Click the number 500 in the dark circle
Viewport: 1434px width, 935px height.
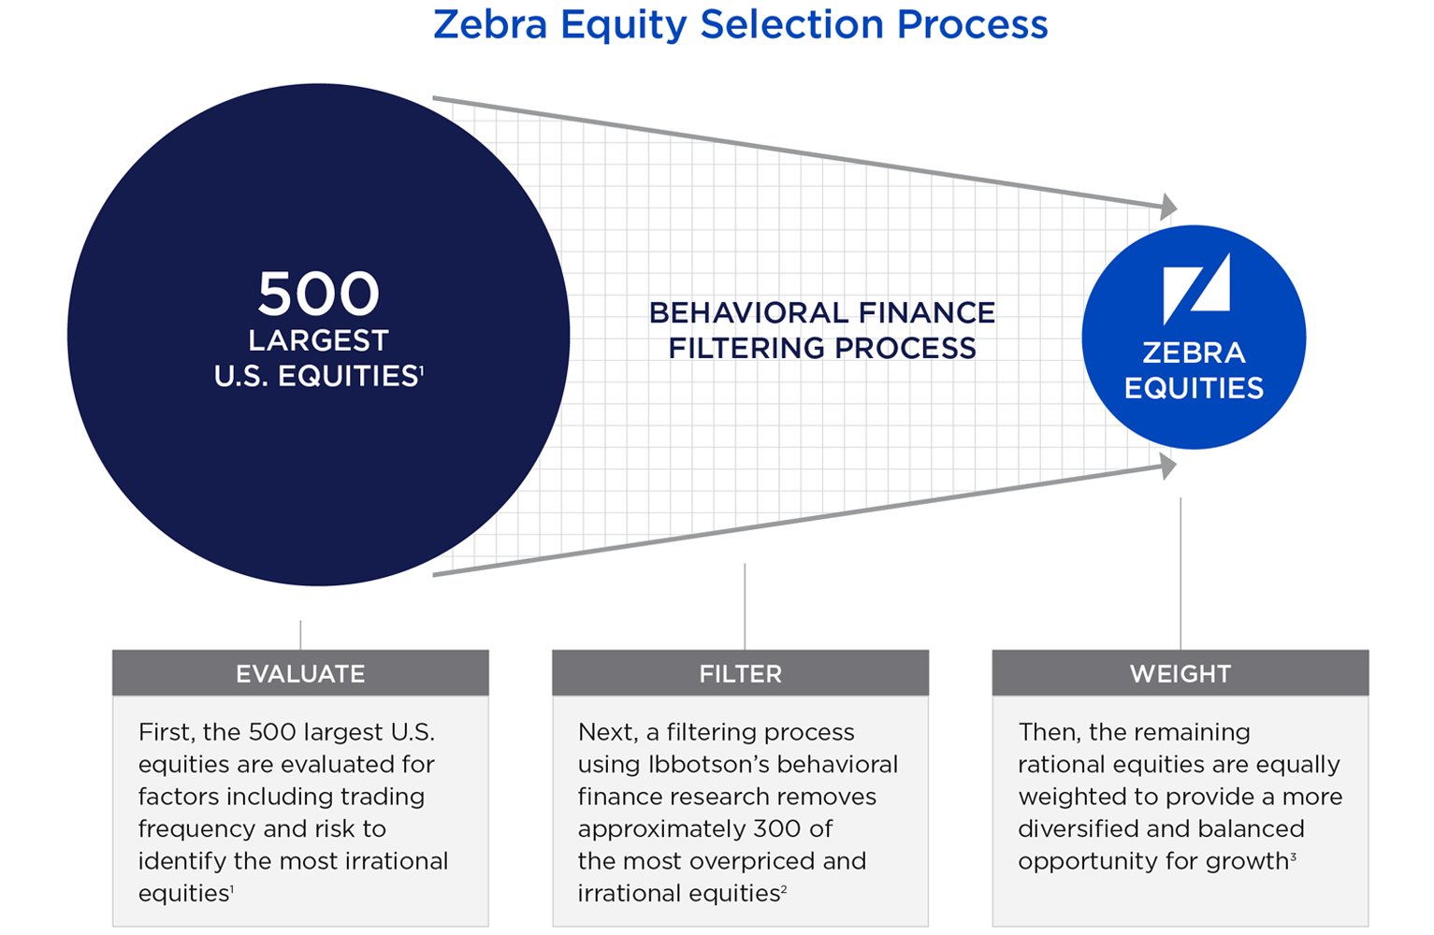tap(318, 294)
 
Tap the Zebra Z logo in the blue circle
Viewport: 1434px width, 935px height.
tap(1195, 289)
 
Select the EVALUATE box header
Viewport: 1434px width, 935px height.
tap(300, 672)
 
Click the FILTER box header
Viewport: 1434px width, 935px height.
tap(740, 672)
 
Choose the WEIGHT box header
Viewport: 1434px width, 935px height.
tap(1180, 672)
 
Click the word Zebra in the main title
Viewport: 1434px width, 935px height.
tap(490, 25)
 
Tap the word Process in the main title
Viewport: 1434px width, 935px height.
tap(972, 25)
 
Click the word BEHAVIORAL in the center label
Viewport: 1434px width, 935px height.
tap(749, 313)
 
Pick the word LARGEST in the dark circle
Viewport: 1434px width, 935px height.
tap(318, 340)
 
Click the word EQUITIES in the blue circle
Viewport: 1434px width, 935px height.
tap(1194, 388)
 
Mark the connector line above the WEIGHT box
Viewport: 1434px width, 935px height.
tap(1180, 574)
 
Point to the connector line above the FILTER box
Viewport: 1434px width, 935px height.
tap(745, 607)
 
